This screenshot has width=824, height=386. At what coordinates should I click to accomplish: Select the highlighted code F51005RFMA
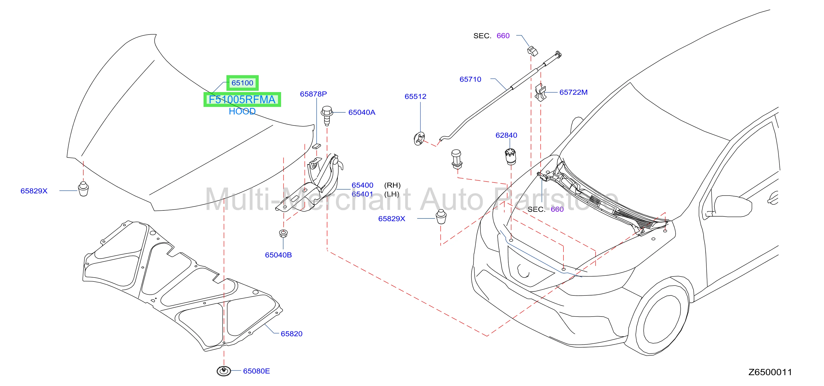tap(242, 99)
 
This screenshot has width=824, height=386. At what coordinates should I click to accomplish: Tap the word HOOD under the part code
tap(242, 111)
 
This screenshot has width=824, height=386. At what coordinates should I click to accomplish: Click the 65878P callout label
tap(313, 94)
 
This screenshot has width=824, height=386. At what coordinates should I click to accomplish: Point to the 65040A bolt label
tap(362, 112)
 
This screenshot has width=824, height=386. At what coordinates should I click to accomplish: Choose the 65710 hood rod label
tap(470, 79)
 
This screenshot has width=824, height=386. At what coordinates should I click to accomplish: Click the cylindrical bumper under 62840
tap(510, 156)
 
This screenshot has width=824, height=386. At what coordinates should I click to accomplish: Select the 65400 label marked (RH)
tap(362, 185)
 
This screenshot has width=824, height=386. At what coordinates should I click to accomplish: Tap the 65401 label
tap(362, 194)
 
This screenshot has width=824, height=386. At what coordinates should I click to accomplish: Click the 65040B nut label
tap(278, 255)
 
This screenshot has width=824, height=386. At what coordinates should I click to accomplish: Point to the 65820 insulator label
tap(291, 333)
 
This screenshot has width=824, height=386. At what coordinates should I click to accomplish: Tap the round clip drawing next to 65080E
tap(224, 371)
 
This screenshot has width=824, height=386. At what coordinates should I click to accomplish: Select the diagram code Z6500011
tap(770, 372)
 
